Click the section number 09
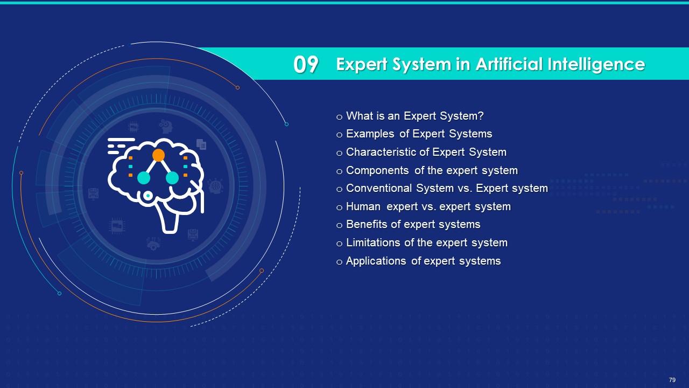click(305, 64)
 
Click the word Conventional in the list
click(378, 188)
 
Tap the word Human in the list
click(363, 206)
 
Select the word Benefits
click(367, 225)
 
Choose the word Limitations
click(374, 242)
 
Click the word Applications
click(376, 261)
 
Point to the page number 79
click(672, 380)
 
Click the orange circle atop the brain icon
click(158, 155)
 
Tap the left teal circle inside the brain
click(144, 178)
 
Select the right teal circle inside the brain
click(172, 178)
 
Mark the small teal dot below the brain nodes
click(148, 196)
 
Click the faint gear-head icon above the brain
click(166, 126)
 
